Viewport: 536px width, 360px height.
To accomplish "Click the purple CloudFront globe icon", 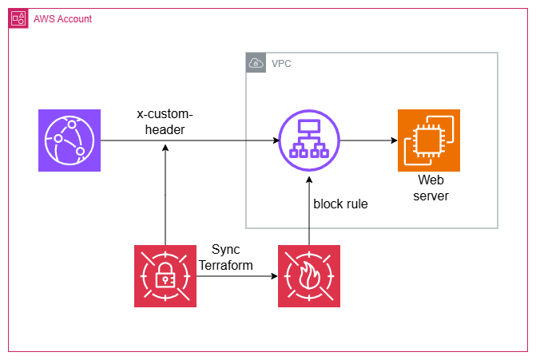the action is (69, 140).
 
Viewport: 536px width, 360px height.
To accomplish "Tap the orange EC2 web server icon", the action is (429, 140).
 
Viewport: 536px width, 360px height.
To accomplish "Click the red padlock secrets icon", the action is (165, 276).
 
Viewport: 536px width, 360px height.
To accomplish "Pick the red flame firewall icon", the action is (309, 276).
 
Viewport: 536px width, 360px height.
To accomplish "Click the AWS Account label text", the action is (62, 19).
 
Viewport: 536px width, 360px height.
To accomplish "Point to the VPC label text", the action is (281, 64).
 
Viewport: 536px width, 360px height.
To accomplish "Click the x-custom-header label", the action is (165, 121).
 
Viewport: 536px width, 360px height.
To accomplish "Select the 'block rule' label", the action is (340, 204).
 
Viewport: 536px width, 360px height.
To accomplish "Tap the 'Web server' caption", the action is (431, 188).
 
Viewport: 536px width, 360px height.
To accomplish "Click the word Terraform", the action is (226, 265).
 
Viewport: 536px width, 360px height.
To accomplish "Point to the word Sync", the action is (225, 250).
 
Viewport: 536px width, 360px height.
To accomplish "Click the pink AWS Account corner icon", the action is (18, 18).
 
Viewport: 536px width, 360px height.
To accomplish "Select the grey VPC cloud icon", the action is (256, 63).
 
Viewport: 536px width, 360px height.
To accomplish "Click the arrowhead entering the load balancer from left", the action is (276, 140).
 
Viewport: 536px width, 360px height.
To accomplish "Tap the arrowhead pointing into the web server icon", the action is (394, 140).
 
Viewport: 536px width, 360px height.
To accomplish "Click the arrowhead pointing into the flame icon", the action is (274, 276).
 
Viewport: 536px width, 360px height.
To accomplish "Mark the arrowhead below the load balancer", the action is (309, 180).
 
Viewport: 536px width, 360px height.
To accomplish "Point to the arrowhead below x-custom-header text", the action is (165, 148).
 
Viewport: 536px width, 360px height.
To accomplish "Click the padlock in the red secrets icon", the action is (165, 275).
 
